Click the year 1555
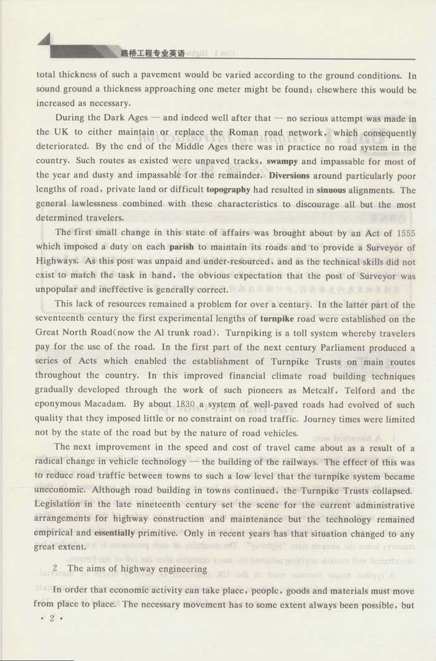click(x=403, y=232)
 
